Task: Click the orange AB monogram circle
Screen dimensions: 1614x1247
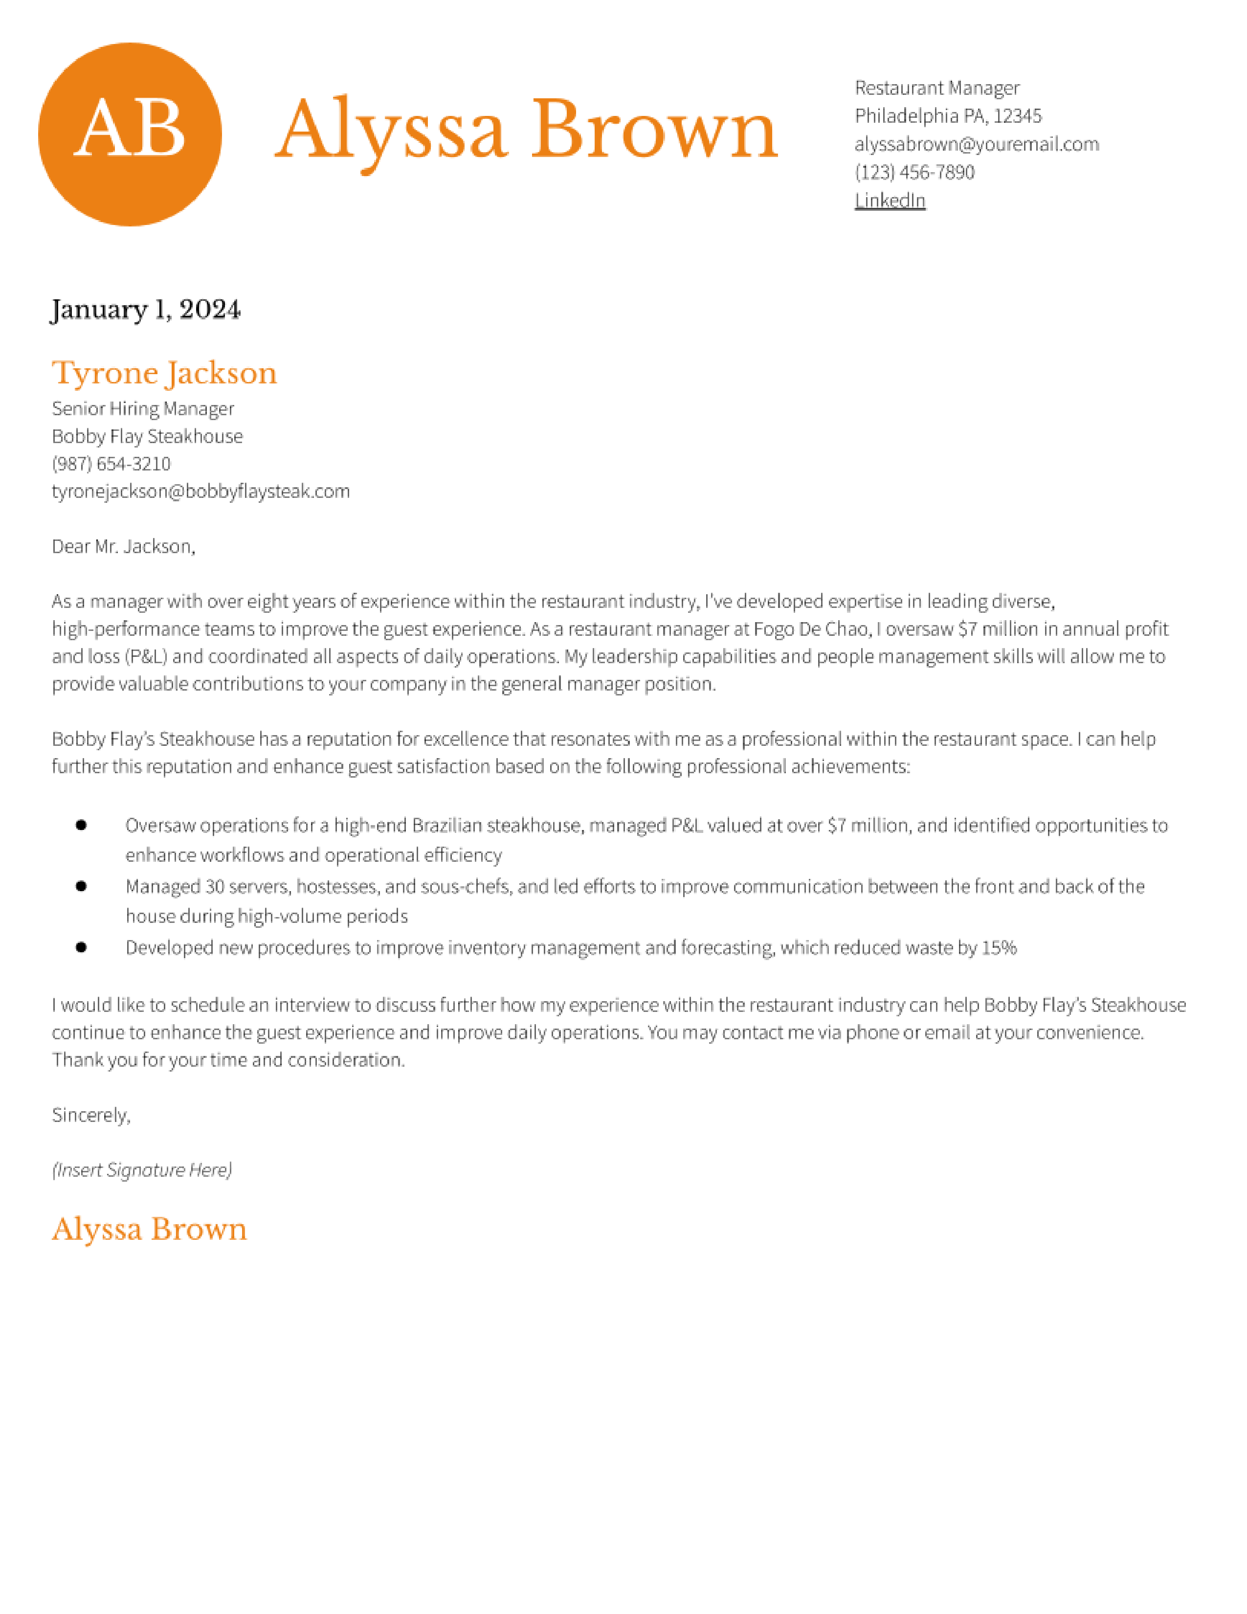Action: (130, 134)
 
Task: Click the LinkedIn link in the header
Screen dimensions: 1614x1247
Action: (890, 200)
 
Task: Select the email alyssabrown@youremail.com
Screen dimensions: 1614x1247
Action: (976, 144)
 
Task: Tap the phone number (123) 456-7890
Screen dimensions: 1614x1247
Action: (914, 172)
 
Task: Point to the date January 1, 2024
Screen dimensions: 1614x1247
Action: (146, 310)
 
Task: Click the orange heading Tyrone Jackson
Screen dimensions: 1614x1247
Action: (164, 373)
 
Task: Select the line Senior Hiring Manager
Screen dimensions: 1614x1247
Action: (143, 409)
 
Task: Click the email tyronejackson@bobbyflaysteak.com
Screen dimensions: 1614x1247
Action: (200, 492)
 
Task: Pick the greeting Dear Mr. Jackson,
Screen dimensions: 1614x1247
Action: (123, 547)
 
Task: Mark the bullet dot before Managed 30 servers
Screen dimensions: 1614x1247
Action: (81, 886)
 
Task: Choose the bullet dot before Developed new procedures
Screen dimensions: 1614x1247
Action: (81, 947)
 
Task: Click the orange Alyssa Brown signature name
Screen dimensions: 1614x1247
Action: (149, 1229)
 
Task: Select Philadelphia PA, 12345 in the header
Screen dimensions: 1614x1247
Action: (948, 116)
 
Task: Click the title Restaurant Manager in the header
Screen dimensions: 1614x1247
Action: (937, 88)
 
